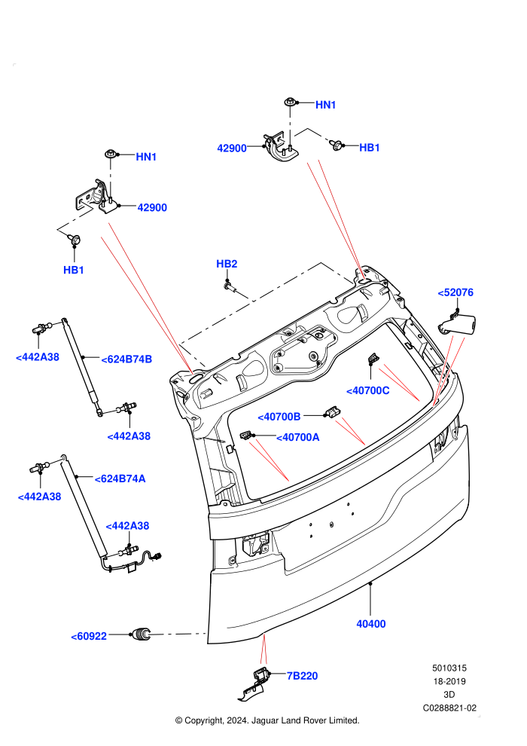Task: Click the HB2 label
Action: tap(227, 264)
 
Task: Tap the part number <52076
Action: tap(455, 292)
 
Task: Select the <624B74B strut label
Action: tap(126, 359)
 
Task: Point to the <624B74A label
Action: tap(120, 478)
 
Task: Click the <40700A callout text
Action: tap(298, 437)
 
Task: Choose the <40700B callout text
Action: tap(279, 417)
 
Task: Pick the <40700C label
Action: tap(368, 390)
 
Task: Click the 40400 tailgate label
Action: tap(371, 624)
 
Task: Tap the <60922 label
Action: tap(89, 636)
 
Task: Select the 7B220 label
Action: tap(302, 676)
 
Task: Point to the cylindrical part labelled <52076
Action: tap(457, 325)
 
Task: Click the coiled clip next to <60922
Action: tap(141, 634)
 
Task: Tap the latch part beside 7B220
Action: tap(254, 685)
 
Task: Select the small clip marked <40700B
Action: tap(332, 412)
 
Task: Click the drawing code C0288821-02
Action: tap(449, 708)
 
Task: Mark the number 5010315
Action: tap(449, 668)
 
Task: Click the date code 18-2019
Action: tap(449, 681)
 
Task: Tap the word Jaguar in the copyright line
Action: tap(265, 721)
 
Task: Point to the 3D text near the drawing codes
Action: tap(449, 695)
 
